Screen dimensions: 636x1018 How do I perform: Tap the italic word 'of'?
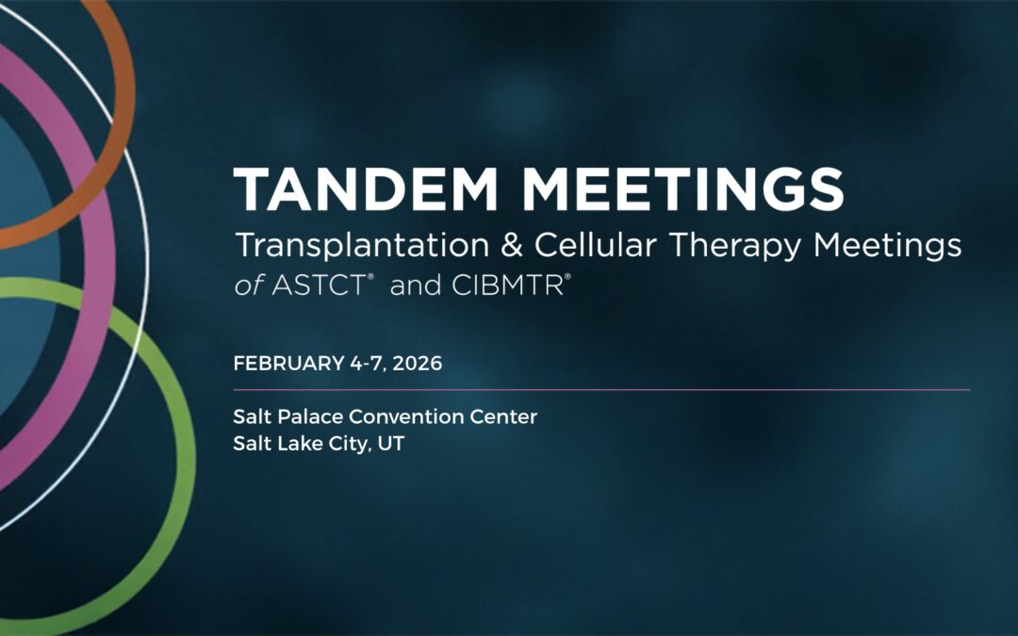(248, 285)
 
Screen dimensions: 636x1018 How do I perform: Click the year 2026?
(419, 364)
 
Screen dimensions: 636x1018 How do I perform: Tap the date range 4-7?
(362, 364)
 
